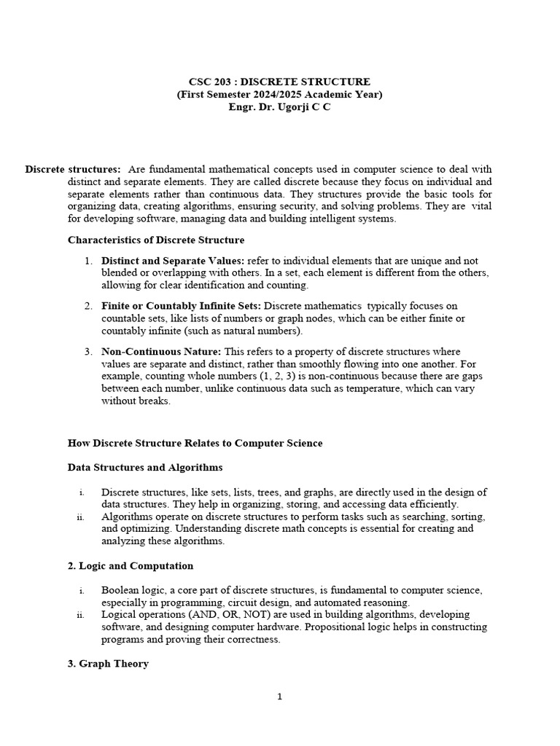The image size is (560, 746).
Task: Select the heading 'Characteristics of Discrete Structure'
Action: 156,240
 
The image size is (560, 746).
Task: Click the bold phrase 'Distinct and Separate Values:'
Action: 174,260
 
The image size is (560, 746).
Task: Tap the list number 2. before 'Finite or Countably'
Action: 87,306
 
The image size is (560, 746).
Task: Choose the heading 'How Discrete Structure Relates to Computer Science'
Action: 195,443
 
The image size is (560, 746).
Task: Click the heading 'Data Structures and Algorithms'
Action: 145,467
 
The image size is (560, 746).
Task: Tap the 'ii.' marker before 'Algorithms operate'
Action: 80,517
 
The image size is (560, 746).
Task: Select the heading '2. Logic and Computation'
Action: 131,565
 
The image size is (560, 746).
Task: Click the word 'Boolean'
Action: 121,589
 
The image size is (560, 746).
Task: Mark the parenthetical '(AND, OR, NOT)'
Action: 226,614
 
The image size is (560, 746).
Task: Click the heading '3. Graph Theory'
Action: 108,664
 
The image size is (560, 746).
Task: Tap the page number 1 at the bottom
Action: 279,696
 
